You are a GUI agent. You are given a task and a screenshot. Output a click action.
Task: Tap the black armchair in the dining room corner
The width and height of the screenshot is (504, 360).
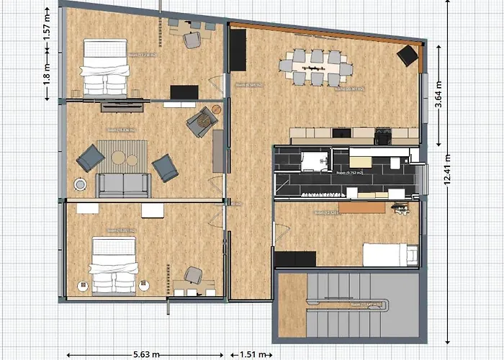(409, 55)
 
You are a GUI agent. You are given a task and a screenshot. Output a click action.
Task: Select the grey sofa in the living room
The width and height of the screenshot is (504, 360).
(123, 186)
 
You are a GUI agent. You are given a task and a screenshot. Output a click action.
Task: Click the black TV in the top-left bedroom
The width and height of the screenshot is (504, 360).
(184, 92)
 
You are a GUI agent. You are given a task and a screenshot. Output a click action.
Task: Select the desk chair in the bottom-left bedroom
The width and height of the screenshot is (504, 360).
(193, 275)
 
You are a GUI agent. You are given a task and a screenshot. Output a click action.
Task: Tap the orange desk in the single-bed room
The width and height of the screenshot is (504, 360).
(364, 208)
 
